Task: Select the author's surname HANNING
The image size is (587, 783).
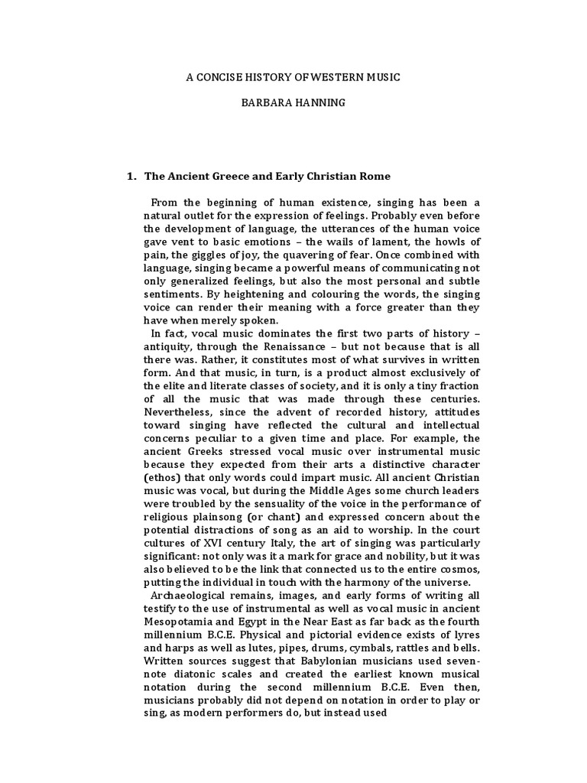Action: (x=313, y=102)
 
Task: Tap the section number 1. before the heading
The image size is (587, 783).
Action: (x=131, y=176)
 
